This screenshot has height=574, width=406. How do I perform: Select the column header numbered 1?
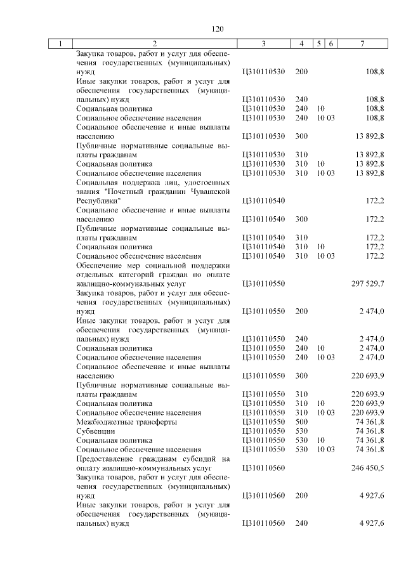[60, 44]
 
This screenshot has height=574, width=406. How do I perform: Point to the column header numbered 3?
[263, 44]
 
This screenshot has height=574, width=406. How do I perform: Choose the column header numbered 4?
[301, 44]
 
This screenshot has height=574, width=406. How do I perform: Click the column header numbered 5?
[320, 44]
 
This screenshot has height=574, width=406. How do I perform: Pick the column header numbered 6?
[331, 44]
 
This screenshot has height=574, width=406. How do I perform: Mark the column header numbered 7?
[362, 44]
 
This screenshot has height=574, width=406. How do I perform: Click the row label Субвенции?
[94, 430]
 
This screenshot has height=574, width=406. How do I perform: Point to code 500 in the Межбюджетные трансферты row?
[301, 421]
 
